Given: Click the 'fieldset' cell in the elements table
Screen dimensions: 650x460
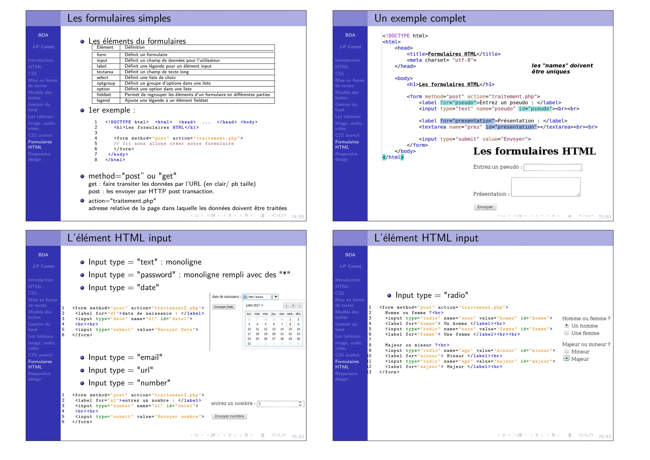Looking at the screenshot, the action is [x=104, y=95].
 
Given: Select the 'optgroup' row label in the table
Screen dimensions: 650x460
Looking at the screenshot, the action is [x=106, y=83].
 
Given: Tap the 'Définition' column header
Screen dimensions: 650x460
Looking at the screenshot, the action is [x=135, y=47].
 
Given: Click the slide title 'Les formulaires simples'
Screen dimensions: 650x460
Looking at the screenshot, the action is [x=119, y=18].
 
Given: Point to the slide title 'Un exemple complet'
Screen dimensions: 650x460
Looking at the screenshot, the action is [x=420, y=18].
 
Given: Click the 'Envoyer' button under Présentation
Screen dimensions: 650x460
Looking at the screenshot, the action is [x=485, y=207].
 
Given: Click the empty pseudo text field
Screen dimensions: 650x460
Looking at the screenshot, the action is [x=553, y=167].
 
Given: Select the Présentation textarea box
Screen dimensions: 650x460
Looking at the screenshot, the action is [x=546, y=187].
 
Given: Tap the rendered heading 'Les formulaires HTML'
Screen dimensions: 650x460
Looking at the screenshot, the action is [x=534, y=151].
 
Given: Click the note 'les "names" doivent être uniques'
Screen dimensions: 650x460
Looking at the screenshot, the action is [x=562, y=69].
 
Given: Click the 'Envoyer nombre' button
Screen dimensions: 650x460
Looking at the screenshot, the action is [x=229, y=416].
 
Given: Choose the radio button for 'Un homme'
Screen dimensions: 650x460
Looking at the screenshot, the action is [x=567, y=326].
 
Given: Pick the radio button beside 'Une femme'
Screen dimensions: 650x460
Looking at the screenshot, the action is [x=567, y=333].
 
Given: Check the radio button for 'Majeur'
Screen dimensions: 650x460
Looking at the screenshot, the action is [x=567, y=358].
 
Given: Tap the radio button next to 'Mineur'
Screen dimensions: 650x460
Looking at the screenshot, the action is [x=567, y=351].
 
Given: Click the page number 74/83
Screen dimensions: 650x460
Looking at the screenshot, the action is [x=297, y=217].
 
